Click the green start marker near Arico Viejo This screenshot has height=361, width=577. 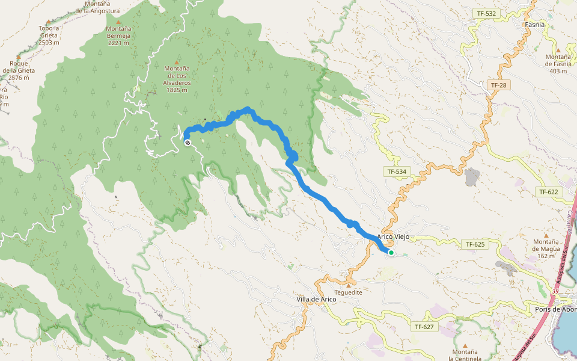point(391,253)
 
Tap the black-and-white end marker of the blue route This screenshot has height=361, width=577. point(188,143)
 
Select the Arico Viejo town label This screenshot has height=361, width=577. point(393,237)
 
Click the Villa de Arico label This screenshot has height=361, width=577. point(316,299)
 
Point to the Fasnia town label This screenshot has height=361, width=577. point(534,25)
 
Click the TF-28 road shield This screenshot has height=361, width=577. point(498,85)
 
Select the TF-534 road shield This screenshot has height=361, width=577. point(397,172)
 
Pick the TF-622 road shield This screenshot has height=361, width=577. point(548,191)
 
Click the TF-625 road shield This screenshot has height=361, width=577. point(475,244)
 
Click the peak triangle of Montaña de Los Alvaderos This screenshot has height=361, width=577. point(177,61)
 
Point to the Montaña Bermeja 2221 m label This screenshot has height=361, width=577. point(118,35)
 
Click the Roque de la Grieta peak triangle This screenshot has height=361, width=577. point(18,63)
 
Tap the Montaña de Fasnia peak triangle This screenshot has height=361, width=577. point(558,50)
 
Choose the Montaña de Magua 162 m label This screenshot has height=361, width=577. point(546,248)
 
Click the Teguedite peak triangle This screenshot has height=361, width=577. point(349,285)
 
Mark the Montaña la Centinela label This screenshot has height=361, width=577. point(465,354)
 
